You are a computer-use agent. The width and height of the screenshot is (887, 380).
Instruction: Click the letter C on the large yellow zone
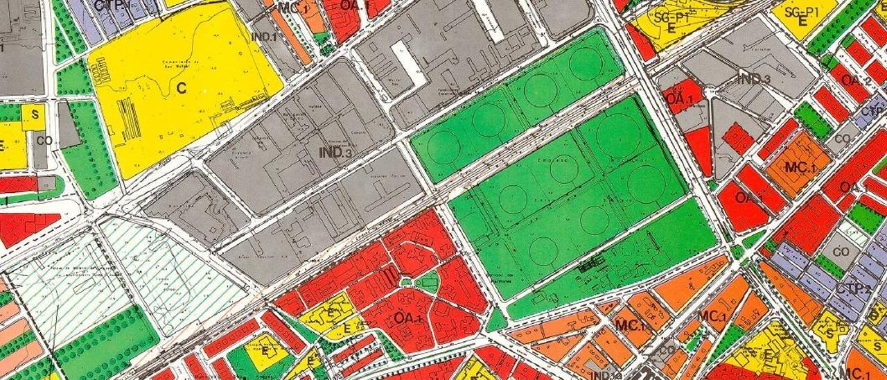click(182, 88)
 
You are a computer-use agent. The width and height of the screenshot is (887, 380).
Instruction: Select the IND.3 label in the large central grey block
click(337, 152)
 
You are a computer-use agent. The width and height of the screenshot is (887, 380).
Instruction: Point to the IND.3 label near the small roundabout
click(753, 79)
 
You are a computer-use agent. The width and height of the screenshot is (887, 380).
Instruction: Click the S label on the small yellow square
click(32, 116)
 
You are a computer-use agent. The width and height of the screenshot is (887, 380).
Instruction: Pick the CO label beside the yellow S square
click(44, 140)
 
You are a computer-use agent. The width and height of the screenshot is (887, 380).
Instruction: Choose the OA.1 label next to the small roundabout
click(680, 98)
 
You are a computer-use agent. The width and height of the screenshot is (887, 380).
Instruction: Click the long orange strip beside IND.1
click(291, 35)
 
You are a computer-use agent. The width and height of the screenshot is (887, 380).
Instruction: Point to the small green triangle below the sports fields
click(496, 320)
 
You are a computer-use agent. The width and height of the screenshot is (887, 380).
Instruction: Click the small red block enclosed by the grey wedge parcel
click(737, 137)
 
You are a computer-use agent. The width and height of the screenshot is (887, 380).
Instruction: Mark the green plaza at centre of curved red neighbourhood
click(427, 281)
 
